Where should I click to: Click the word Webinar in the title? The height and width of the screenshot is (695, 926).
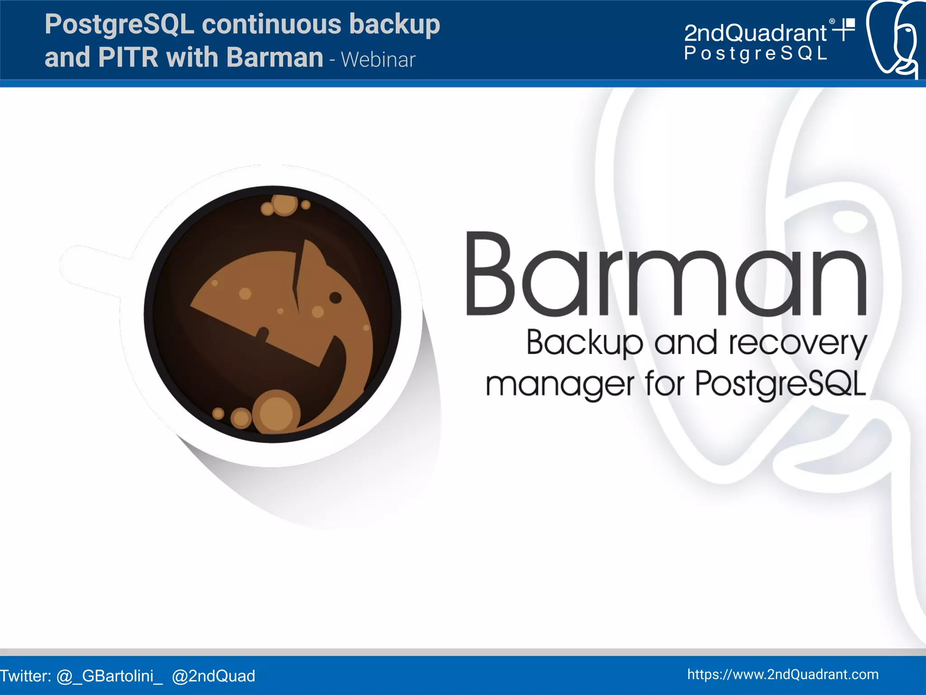[x=378, y=60]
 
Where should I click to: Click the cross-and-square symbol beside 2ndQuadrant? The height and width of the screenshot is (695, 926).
[x=845, y=29]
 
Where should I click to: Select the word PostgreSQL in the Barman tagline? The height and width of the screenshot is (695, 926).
[x=780, y=383]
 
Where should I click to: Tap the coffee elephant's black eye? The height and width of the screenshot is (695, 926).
[x=335, y=298]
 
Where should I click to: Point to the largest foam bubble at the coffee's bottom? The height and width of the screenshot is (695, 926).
[x=276, y=412]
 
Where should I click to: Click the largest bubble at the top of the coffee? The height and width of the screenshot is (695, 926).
[x=284, y=204]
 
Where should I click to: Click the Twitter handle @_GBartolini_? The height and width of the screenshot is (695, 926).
[x=109, y=676]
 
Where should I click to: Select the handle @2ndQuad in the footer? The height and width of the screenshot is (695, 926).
[x=213, y=676]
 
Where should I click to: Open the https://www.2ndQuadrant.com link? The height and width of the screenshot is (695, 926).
[x=783, y=674]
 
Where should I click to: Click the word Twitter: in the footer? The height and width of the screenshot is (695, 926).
[x=26, y=676]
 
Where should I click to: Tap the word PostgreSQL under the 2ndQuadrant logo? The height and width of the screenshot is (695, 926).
[x=756, y=53]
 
